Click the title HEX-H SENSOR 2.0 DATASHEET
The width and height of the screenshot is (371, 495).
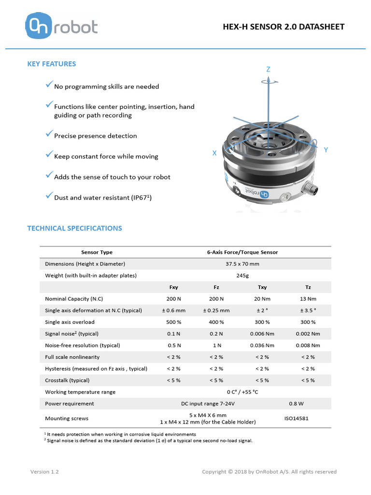284,27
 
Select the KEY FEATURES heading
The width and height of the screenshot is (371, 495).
51,64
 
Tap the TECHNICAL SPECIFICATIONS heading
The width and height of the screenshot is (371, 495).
74,228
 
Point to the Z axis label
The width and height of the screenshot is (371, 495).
268,70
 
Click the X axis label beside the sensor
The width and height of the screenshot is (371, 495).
214,153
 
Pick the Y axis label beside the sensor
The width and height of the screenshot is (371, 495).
326,150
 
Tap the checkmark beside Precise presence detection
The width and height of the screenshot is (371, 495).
49,134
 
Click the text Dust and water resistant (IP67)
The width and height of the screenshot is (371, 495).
103,198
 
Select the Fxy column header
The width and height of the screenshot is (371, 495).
173,287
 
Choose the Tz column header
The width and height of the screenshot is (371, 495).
308,287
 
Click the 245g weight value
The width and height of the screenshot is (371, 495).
242,276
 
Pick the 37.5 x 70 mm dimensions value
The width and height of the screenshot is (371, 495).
242,264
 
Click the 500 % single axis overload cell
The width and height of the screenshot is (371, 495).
173,322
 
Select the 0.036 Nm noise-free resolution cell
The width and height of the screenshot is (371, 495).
262,345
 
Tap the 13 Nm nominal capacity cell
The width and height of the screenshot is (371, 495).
308,299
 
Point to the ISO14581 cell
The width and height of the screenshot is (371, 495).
296,419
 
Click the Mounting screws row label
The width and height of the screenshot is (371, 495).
67,419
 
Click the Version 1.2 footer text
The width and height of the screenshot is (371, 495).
44,472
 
